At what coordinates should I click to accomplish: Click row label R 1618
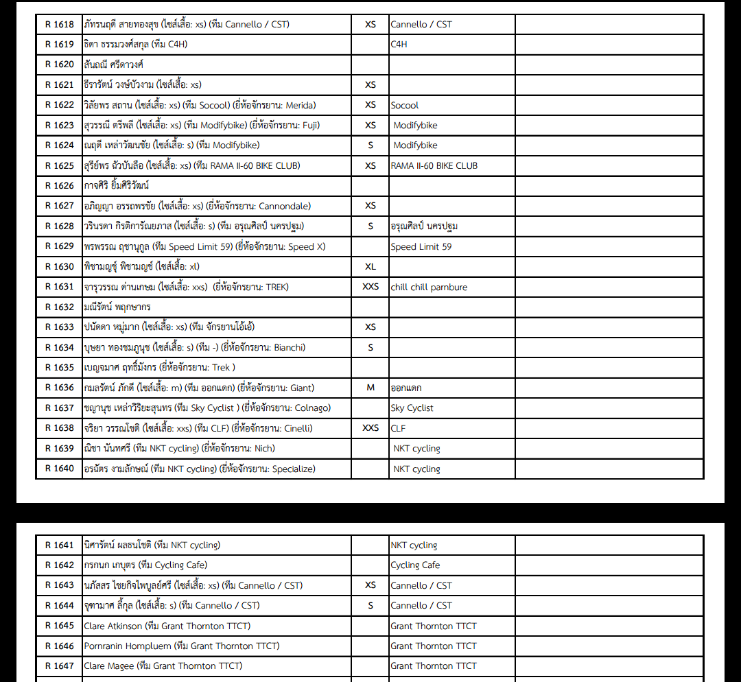coord(59,24)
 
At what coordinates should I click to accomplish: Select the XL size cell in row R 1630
coord(370,266)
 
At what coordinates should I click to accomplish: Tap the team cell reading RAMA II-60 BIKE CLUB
coord(434,165)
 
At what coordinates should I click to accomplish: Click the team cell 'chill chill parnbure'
coord(429,287)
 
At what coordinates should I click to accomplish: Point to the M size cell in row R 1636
coord(370,388)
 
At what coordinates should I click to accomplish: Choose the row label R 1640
coord(59,469)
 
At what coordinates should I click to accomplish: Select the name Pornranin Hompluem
coord(127,646)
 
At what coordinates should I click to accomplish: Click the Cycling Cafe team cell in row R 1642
coord(415,565)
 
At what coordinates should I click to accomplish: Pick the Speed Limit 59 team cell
coord(421,246)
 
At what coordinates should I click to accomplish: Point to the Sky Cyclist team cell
coord(412,408)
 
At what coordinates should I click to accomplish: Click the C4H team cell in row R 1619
coord(399,44)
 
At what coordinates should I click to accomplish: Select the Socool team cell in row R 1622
coord(405,105)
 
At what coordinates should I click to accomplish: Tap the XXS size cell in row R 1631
coord(370,287)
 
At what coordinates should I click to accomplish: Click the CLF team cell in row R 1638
coord(398,428)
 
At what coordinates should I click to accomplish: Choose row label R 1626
coord(59,185)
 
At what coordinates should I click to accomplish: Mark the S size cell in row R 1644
coord(370,605)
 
